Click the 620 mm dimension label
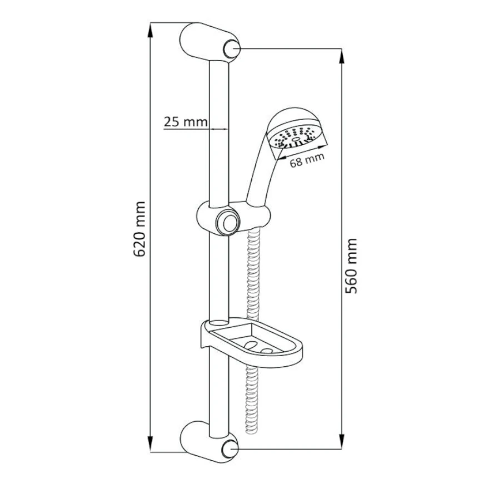139,229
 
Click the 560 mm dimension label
351,266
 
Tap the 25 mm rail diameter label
186,122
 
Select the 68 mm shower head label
307,160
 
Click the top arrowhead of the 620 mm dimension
151,30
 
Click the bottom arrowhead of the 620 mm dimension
151,445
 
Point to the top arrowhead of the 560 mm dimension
342,56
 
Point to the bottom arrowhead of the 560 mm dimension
342,442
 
